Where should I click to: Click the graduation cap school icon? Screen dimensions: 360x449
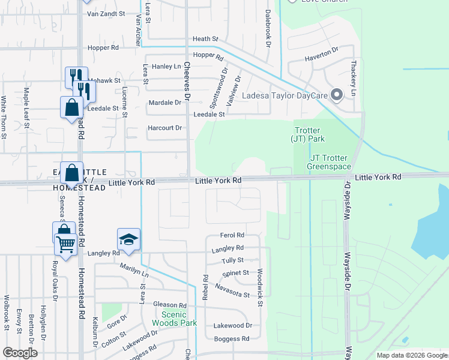point(128,239)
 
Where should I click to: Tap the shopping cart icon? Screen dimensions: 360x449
point(65,244)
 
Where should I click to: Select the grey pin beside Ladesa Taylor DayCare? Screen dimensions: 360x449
point(337,94)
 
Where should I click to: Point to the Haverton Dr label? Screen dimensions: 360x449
point(322,54)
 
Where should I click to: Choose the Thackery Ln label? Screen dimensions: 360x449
point(354,83)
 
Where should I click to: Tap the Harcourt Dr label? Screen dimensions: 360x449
point(165,128)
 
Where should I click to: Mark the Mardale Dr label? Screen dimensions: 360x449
point(165,103)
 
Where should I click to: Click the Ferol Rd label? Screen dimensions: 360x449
point(232,235)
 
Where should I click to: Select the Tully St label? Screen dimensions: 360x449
point(232,260)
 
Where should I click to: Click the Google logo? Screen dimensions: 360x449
point(20,353)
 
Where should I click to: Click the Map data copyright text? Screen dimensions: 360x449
point(411,355)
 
